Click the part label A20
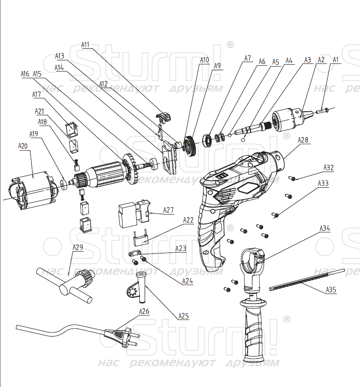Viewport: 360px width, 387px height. click(x=23, y=146)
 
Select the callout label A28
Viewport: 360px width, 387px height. click(x=303, y=140)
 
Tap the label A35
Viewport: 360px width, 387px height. click(x=331, y=290)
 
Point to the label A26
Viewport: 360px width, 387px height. click(x=144, y=311)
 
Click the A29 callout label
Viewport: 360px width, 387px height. click(x=78, y=247)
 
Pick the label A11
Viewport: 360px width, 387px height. click(x=85, y=45)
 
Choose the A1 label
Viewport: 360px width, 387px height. click(x=336, y=59)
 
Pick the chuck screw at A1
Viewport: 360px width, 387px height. click(x=322, y=109)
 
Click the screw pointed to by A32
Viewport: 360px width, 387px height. click(x=293, y=178)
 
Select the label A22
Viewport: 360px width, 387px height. click(x=188, y=220)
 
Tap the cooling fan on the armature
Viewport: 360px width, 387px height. click(x=129, y=170)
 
